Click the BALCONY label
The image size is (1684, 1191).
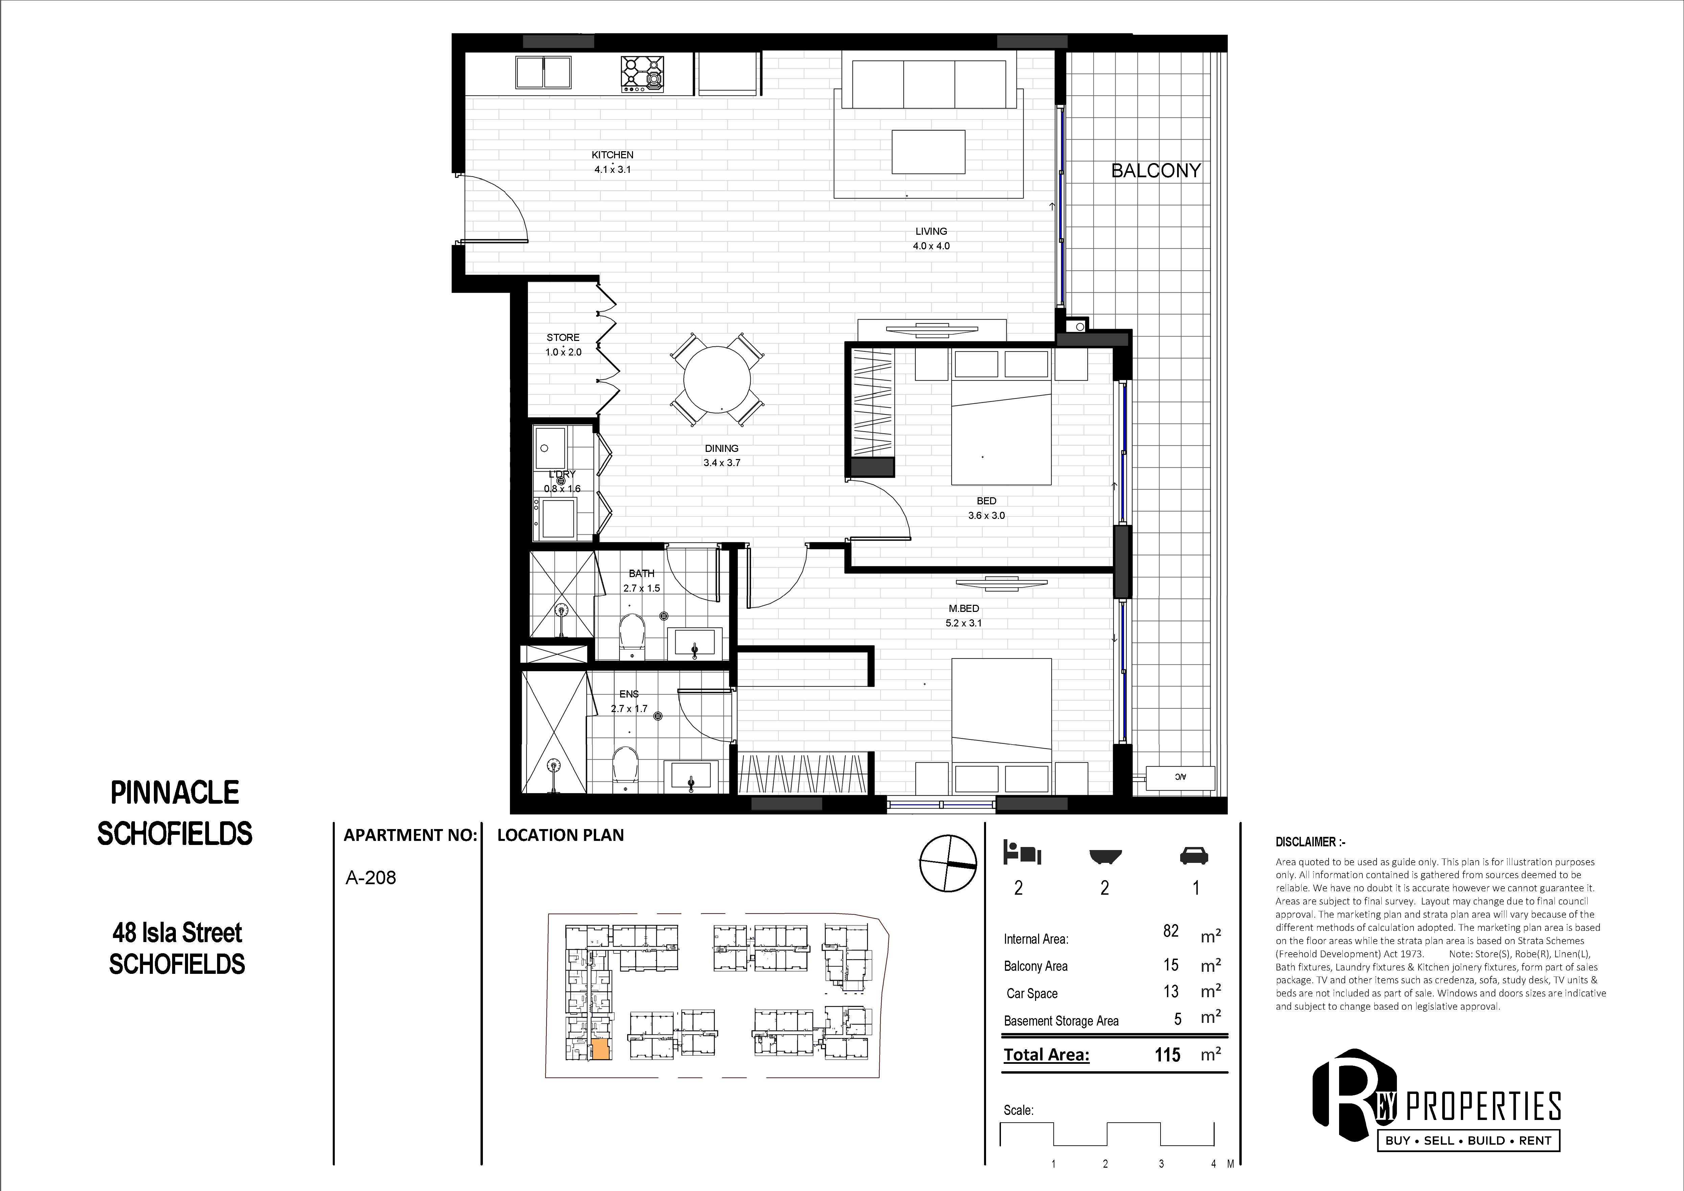click(1156, 171)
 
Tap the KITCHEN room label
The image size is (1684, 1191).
click(612, 155)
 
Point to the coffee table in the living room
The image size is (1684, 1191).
click(928, 152)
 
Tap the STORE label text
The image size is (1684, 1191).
click(563, 338)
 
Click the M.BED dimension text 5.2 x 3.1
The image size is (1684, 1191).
click(964, 623)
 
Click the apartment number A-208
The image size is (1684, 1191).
click(370, 878)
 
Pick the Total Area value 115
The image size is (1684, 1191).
click(1168, 1054)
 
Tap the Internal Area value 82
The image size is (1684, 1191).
click(1171, 931)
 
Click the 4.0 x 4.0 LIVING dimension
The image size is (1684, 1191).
click(931, 246)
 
